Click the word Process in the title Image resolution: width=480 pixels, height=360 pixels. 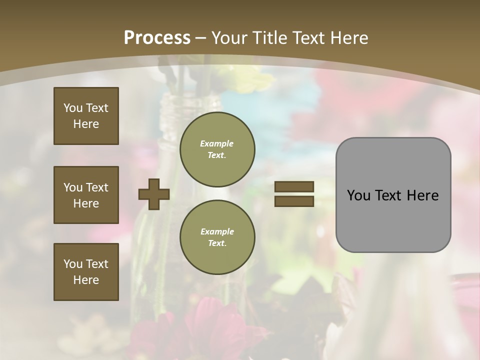coord(157,38)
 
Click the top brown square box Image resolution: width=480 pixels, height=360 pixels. coord(86,116)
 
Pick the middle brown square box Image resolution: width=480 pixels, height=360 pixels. coord(86,195)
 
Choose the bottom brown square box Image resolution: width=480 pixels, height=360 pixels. coord(86,272)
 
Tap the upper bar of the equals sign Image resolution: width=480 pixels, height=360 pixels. coord(294,187)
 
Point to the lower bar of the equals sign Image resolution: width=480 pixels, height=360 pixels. coord(294,201)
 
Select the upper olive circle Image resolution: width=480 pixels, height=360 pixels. coord(217,149)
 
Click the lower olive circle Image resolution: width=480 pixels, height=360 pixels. coord(217,237)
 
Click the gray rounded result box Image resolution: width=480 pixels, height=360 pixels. coord(393,195)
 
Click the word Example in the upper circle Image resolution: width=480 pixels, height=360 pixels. coord(217,143)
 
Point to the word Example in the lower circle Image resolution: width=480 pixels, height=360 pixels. coord(217,231)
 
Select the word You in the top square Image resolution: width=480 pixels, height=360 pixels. coord(72,108)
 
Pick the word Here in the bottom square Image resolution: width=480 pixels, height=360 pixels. coord(86,280)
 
